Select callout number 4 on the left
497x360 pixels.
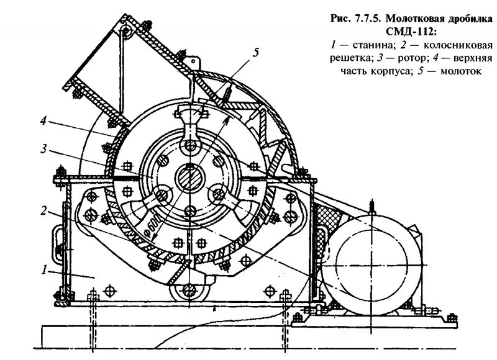click(x=43, y=122)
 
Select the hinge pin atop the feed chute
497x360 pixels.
click(x=125, y=31)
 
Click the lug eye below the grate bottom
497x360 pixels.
click(x=187, y=290)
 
